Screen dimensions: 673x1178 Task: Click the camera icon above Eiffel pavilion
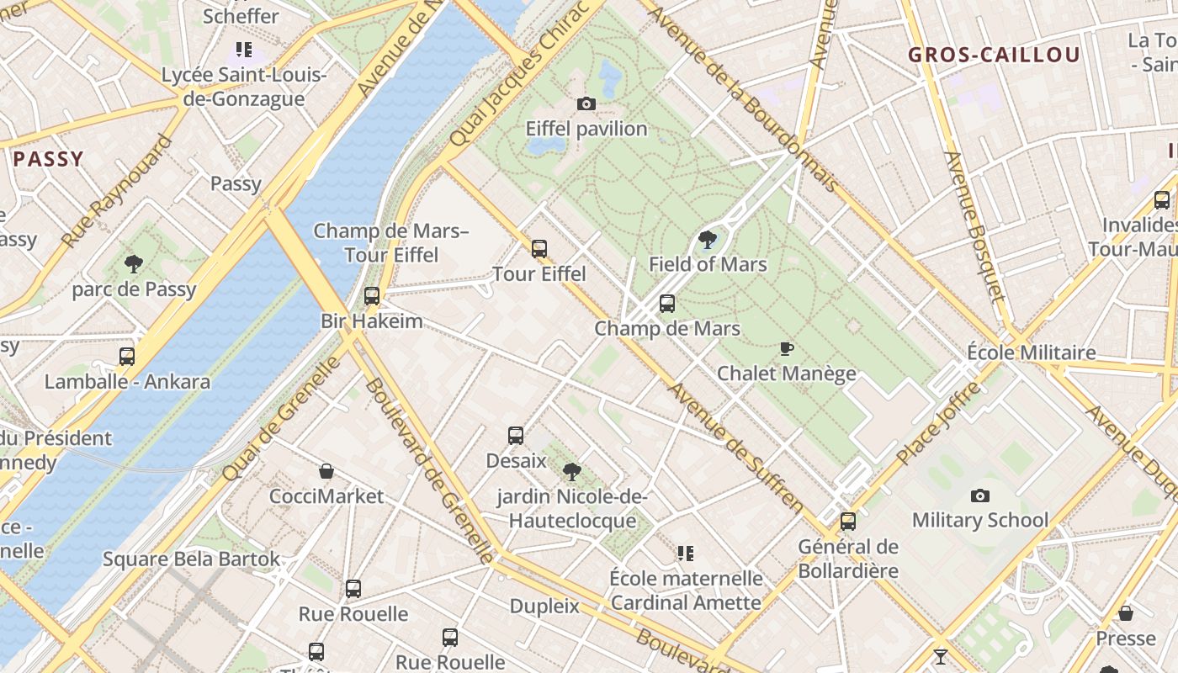(x=586, y=104)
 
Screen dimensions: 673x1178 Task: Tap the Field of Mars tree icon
(x=708, y=240)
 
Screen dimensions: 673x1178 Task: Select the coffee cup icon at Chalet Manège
(x=787, y=348)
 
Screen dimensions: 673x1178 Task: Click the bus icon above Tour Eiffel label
(x=539, y=249)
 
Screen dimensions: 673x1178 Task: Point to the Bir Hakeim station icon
(x=371, y=296)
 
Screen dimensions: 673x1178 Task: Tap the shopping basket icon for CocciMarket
(x=326, y=471)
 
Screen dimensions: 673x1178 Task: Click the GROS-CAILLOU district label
(x=994, y=56)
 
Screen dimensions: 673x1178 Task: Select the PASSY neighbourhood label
(x=48, y=158)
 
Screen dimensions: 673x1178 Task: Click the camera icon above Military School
(x=980, y=495)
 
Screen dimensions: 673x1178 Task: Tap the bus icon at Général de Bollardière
(x=848, y=522)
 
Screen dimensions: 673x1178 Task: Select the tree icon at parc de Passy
(x=133, y=264)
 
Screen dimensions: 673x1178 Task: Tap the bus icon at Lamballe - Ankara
(x=127, y=357)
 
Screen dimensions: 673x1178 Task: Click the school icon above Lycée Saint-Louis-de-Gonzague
(x=244, y=50)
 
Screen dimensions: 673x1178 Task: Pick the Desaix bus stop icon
(x=516, y=436)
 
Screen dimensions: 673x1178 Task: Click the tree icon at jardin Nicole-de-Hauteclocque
(x=572, y=471)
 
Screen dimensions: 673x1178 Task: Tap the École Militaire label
(x=1031, y=352)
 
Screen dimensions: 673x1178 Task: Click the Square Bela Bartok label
(x=192, y=559)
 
